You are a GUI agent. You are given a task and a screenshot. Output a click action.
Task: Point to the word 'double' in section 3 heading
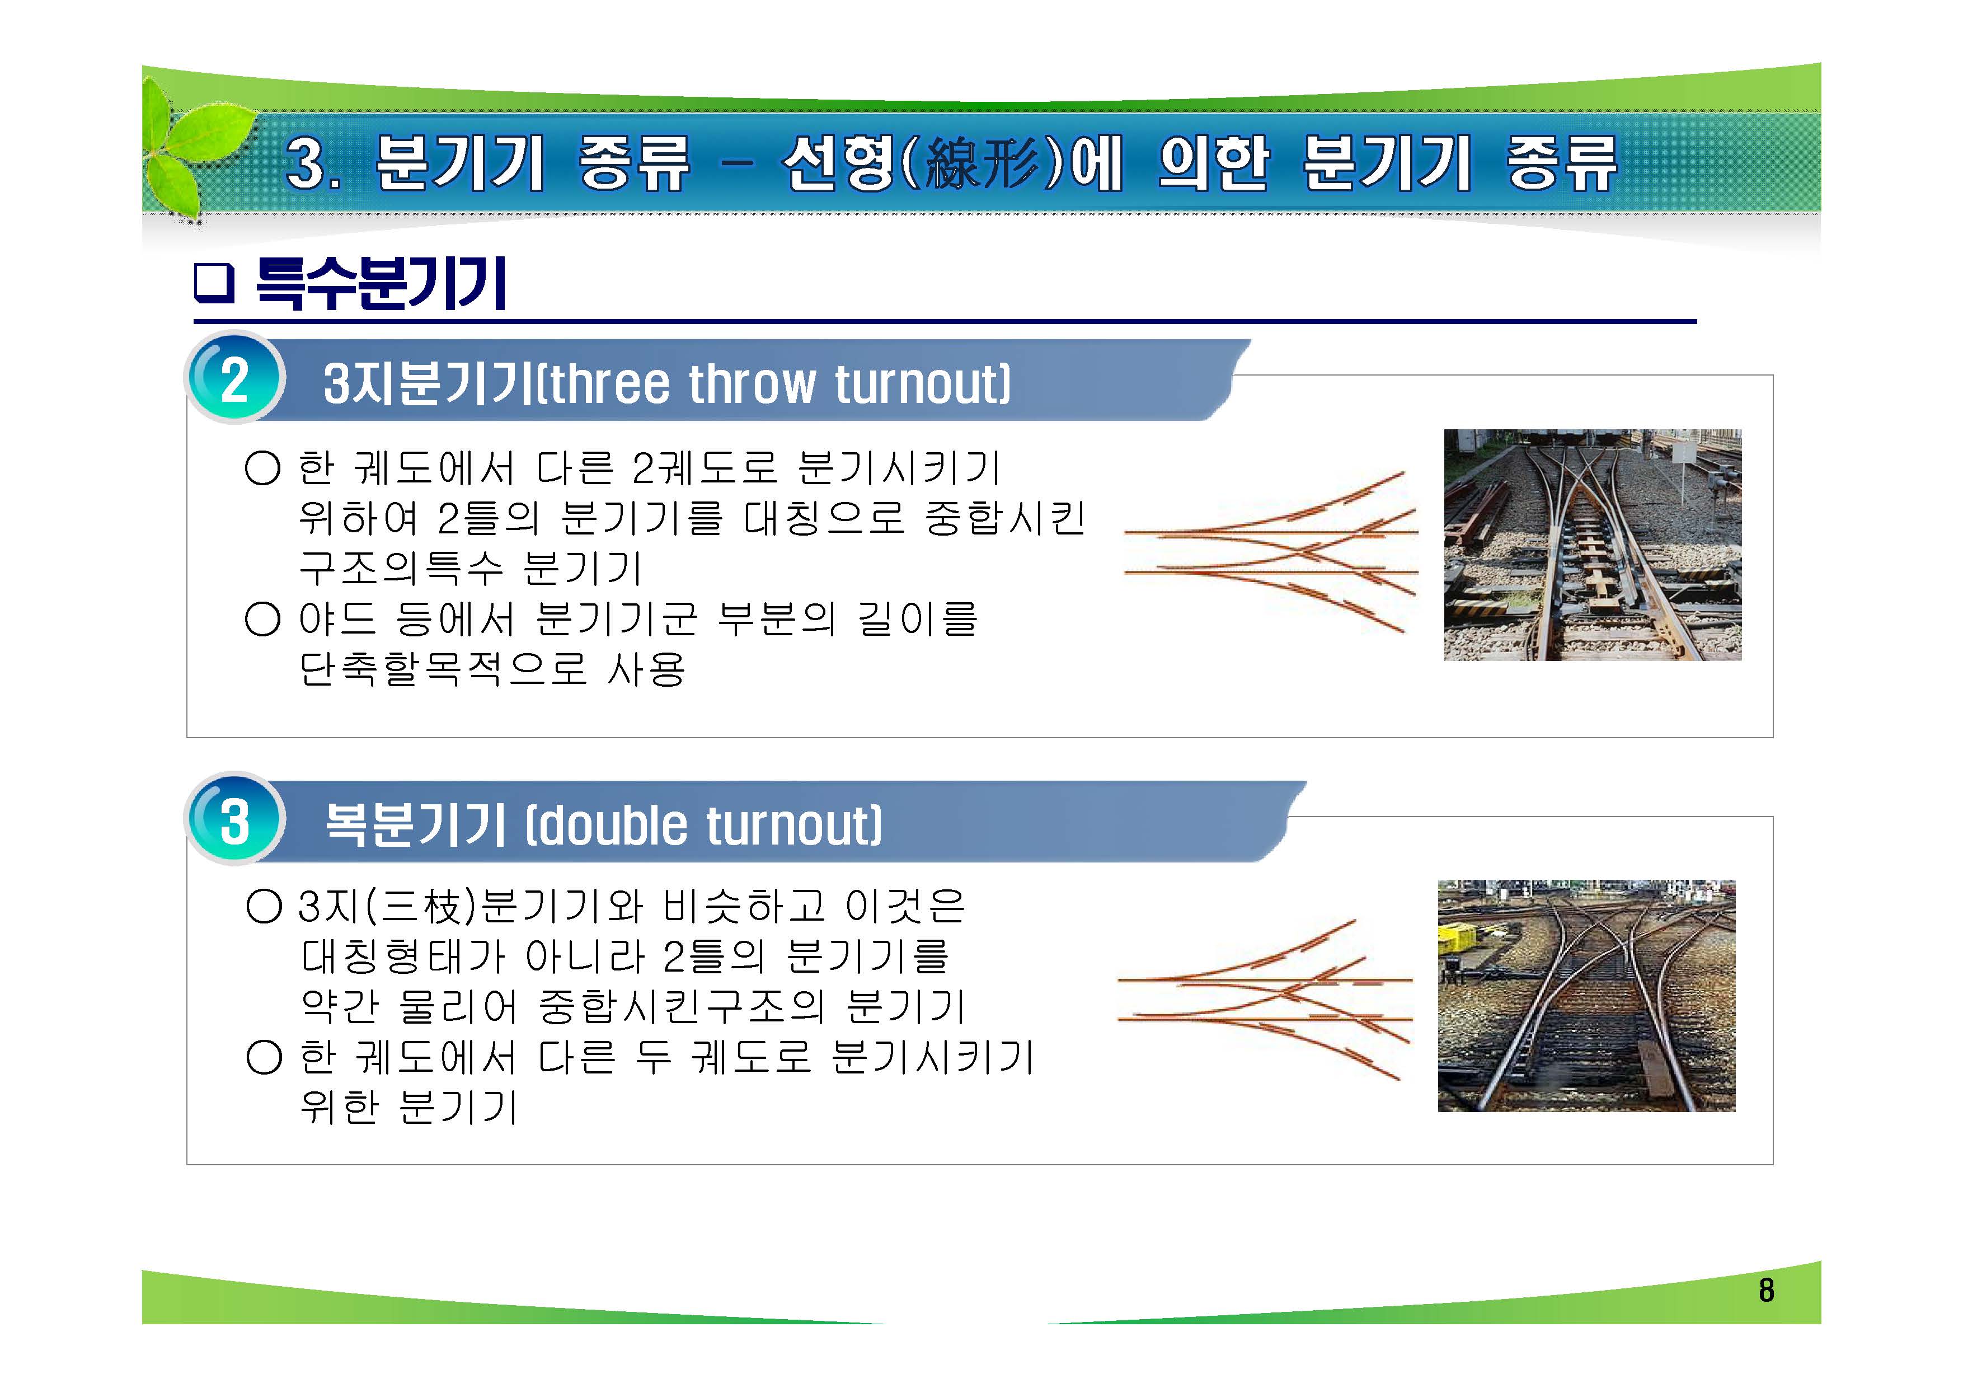click(613, 826)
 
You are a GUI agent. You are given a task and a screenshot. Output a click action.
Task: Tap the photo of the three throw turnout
click(1592, 545)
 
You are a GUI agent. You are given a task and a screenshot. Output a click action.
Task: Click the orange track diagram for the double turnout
click(1265, 1001)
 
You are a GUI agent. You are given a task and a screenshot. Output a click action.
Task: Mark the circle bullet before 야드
click(262, 619)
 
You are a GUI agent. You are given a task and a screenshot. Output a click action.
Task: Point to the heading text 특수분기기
click(381, 283)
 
